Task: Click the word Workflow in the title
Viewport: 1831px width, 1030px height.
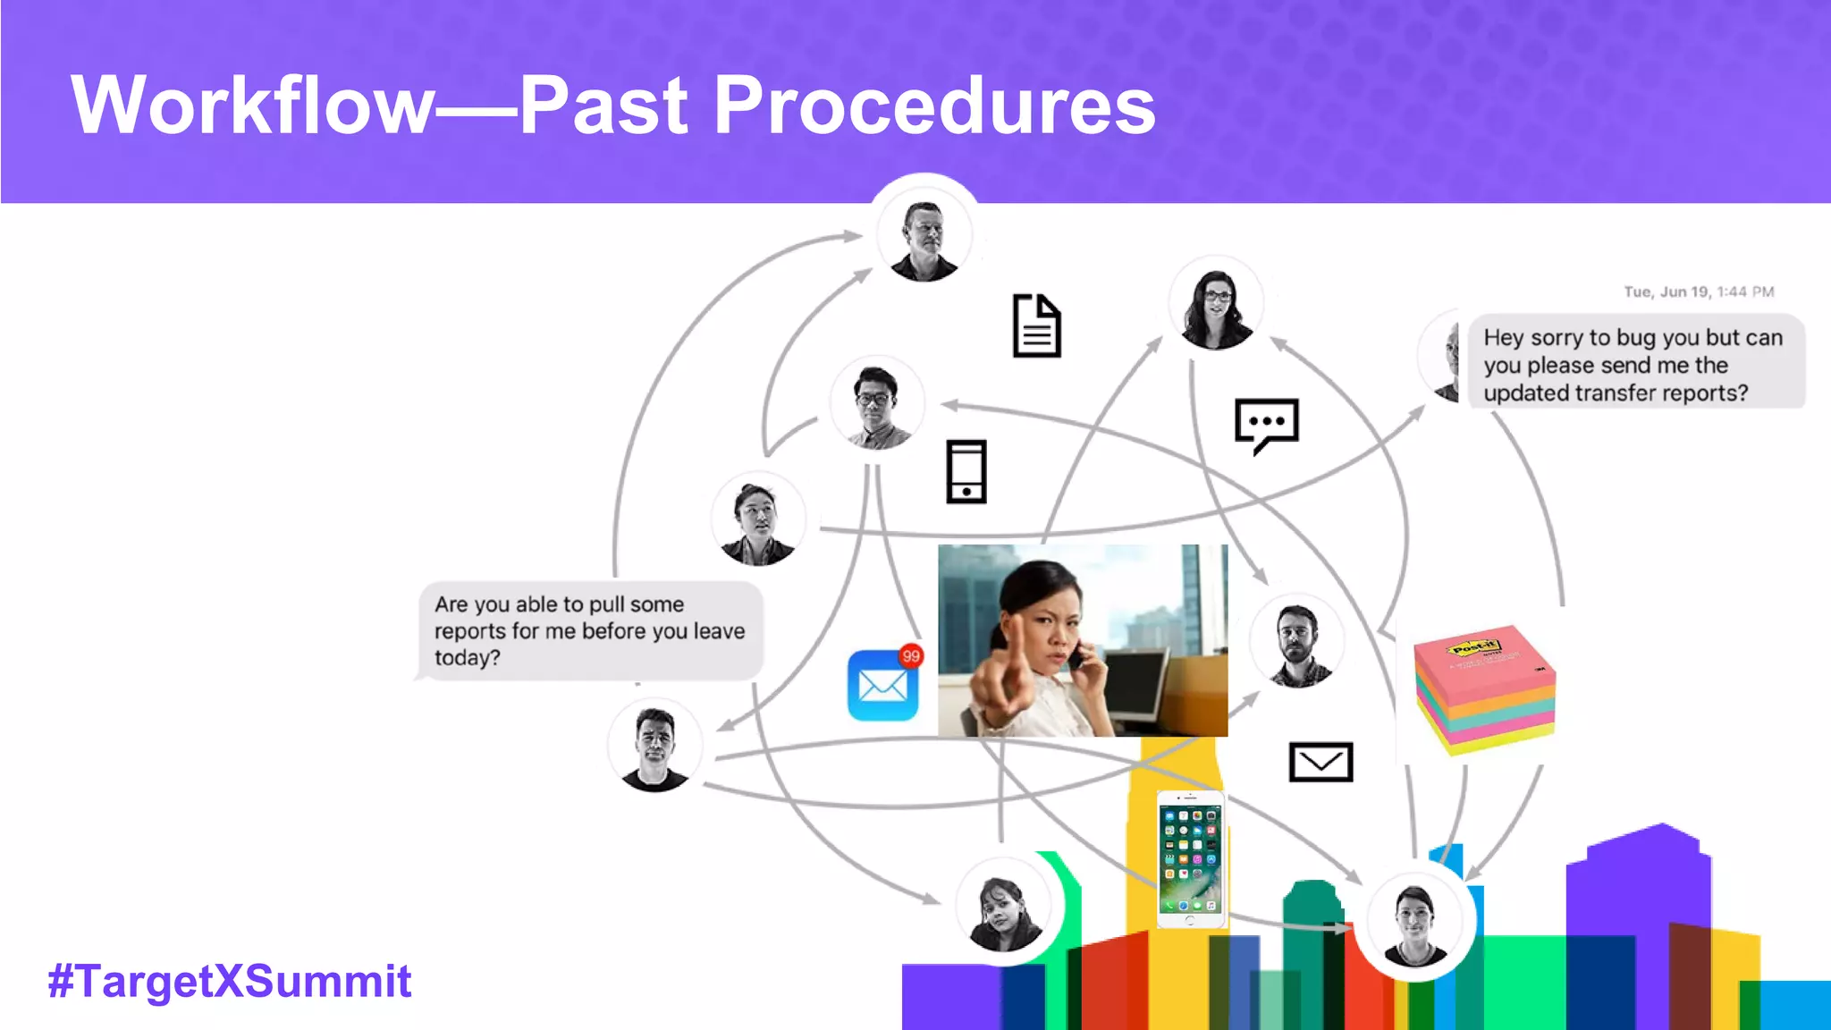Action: click(x=252, y=106)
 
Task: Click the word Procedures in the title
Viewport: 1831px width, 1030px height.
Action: click(x=933, y=106)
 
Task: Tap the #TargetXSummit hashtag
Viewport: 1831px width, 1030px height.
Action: click(x=230, y=981)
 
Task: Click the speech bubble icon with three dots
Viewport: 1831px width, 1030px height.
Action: click(x=1266, y=424)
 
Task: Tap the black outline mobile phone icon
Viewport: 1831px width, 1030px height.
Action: click(x=966, y=471)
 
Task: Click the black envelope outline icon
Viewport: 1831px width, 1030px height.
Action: click(x=1321, y=762)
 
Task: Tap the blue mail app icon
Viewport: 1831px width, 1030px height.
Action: click(x=882, y=687)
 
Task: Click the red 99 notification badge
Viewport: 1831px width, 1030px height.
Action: click(x=910, y=655)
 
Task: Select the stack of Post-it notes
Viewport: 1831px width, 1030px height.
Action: click(x=1484, y=688)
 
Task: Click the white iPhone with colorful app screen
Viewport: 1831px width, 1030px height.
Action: click(x=1189, y=859)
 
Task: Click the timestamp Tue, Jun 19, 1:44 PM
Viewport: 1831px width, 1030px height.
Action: click(x=1698, y=291)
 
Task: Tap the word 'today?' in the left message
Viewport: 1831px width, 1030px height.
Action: click(x=467, y=658)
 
